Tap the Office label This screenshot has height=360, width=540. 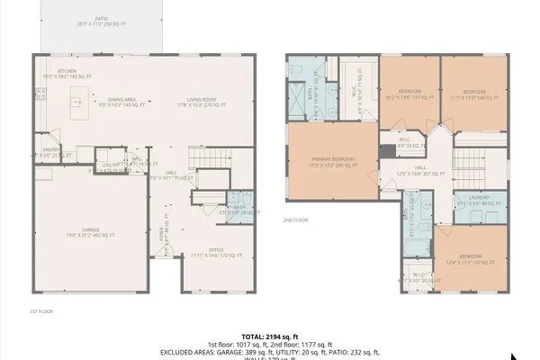(215, 253)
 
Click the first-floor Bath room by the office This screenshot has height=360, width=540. (238, 206)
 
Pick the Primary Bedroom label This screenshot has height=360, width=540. (332, 163)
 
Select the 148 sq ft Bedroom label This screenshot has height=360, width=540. (473, 94)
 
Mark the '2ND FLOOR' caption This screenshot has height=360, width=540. (294, 220)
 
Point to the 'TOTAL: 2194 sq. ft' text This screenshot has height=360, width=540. (270, 335)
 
